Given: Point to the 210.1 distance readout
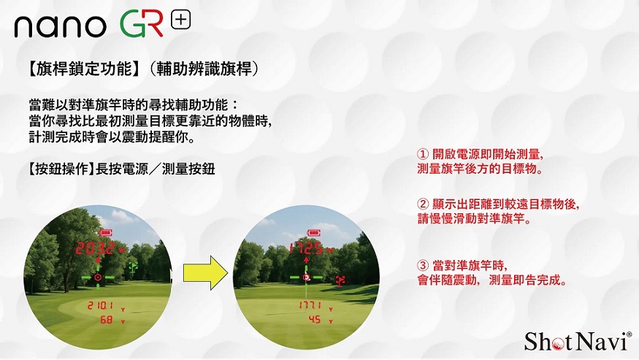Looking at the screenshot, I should [100, 305].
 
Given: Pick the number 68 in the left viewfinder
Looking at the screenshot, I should [106, 320].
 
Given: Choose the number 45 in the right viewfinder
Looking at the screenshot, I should [315, 320].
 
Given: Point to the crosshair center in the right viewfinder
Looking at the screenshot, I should [307, 277].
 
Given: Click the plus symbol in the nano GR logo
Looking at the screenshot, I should [180, 20].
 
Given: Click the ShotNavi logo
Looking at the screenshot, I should [577, 340].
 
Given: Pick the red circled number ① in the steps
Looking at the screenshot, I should [421, 156].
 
